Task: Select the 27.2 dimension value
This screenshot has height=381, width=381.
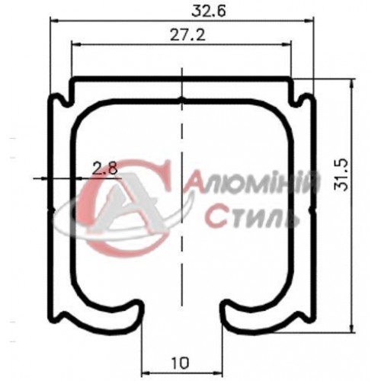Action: click(x=181, y=35)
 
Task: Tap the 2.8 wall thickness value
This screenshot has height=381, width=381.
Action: click(x=105, y=168)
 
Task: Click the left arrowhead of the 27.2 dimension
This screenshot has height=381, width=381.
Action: click(x=75, y=45)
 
